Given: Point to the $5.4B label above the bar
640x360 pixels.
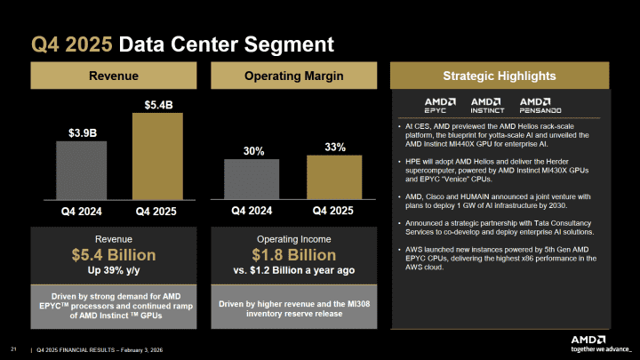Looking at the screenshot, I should [158, 105].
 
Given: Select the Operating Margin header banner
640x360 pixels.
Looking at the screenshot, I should [293, 76].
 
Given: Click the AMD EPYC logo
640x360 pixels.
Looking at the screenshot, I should [440, 105].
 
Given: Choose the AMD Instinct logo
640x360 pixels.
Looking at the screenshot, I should [487, 105].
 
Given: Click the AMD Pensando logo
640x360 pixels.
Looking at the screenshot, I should [540, 105].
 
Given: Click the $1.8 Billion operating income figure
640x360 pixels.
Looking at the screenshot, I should [293, 256].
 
